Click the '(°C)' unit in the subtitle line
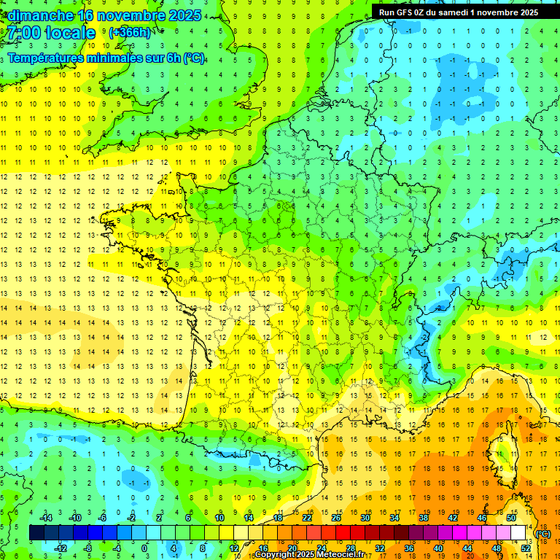(x=193, y=58)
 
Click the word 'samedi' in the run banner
(x=464, y=12)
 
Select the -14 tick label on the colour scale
(x=44, y=518)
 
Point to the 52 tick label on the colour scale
(x=526, y=548)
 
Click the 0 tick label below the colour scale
(x=145, y=548)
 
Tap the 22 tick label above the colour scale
(x=307, y=518)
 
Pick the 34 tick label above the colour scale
(x=394, y=518)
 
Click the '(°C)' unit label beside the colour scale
(x=543, y=534)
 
